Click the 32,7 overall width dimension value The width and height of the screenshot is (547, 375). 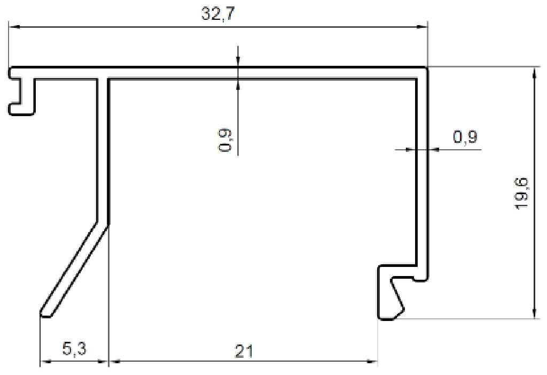(217, 14)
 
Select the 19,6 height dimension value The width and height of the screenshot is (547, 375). (522, 193)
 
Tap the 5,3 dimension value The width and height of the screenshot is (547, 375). (74, 350)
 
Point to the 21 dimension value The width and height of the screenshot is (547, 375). (243, 351)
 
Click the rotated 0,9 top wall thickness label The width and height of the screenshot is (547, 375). (225, 141)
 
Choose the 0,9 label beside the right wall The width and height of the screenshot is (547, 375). (465, 137)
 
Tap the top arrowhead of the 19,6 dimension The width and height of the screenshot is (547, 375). (534, 73)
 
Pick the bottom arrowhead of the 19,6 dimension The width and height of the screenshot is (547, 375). (534, 314)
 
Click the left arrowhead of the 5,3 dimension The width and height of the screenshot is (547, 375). (46, 362)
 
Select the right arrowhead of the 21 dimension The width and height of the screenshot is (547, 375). (372, 362)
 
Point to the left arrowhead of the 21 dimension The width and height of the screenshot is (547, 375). (114, 362)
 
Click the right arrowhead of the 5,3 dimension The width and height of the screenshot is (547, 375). (104, 362)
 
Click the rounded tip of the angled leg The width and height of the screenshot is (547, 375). (46, 313)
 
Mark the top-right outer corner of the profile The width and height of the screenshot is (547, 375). (426, 68)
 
